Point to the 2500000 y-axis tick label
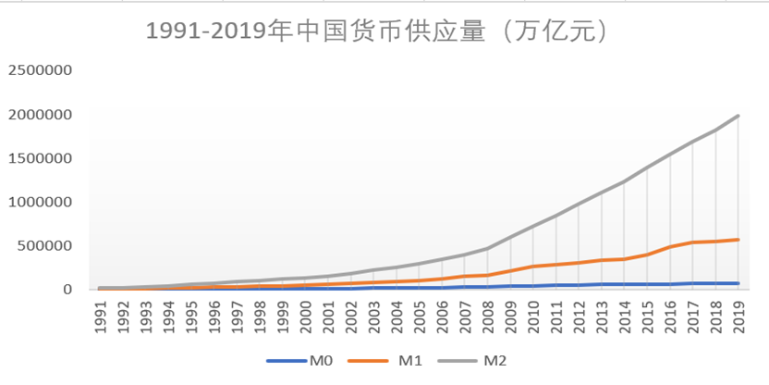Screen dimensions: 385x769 point(41,70)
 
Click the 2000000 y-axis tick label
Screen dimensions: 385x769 point(41,115)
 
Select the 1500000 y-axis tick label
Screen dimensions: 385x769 point(41,158)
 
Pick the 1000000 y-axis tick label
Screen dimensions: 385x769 point(41,202)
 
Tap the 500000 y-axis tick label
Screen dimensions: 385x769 point(45,246)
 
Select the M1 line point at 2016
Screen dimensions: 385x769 point(671,246)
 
